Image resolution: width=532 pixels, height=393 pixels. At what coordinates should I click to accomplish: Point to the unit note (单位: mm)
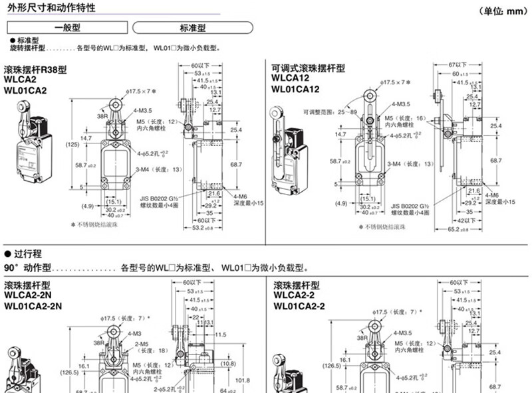pos(503,10)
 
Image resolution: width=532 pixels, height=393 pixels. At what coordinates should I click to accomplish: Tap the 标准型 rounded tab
pos(193,28)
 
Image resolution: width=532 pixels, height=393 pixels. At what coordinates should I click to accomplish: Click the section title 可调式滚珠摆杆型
pos(308,68)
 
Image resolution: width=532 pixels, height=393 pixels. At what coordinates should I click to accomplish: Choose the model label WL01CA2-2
pos(299,306)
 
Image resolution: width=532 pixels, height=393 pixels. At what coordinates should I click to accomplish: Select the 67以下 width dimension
pos(458,64)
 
